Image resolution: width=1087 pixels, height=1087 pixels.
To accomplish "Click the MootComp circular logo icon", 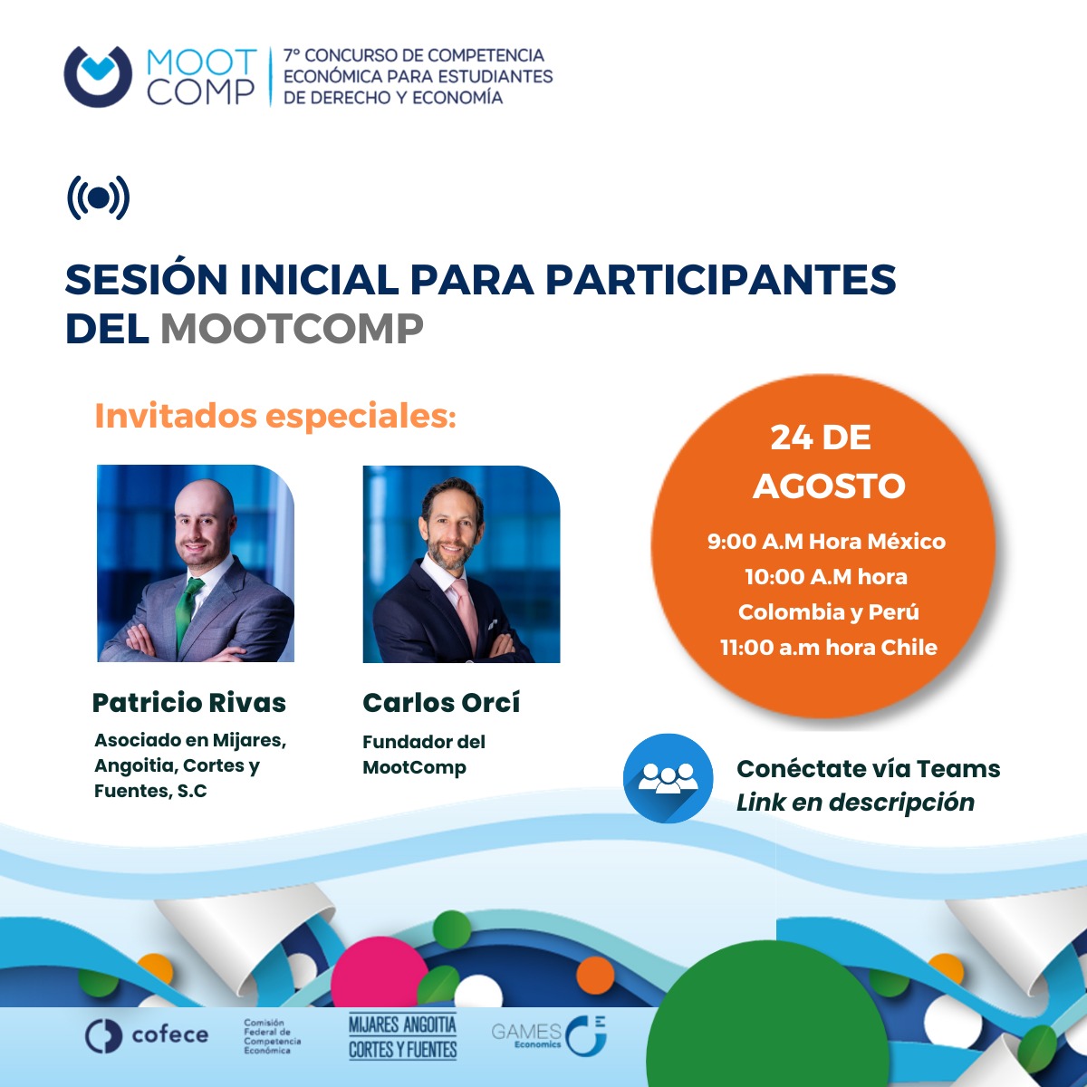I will pyautogui.click(x=98, y=77).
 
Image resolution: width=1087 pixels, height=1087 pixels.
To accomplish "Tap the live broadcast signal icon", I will pyautogui.click(x=98, y=197).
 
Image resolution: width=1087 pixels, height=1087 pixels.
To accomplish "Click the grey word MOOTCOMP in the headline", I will pyautogui.click(x=292, y=328).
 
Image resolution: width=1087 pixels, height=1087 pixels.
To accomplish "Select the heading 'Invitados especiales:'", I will pyautogui.click(x=274, y=416).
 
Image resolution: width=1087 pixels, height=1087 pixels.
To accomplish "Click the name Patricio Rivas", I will pyautogui.click(x=189, y=702).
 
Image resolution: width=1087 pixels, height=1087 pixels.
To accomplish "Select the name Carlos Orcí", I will pyautogui.click(x=441, y=702).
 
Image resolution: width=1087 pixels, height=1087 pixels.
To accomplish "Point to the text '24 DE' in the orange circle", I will pyautogui.click(x=821, y=438).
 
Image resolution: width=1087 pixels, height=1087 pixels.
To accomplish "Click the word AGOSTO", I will pyautogui.click(x=829, y=486).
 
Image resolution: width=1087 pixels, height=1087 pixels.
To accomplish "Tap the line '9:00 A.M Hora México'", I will pyautogui.click(x=826, y=542).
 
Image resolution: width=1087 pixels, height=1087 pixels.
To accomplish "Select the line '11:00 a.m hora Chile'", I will pyautogui.click(x=828, y=648).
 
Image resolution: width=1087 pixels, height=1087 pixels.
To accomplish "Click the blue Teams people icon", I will pyautogui.click(x=669, y=778).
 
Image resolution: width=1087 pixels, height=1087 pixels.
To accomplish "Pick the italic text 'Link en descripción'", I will pyautogui.click(x=855, y=803).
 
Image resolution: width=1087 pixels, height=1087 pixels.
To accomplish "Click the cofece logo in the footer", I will pyautogui.click(x=147, y=1035).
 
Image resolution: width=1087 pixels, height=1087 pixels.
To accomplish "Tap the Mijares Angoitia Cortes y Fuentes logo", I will pyautogui.click(x=403, y=1037).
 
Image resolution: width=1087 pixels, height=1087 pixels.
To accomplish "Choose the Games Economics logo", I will pyautogui.click(x=549, y=1035).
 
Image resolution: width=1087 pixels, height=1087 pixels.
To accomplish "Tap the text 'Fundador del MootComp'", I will pyautogui.click(x=424, y=755).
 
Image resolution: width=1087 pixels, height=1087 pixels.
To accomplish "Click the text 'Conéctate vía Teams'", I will pyautogui.click(x=868, y=769).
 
